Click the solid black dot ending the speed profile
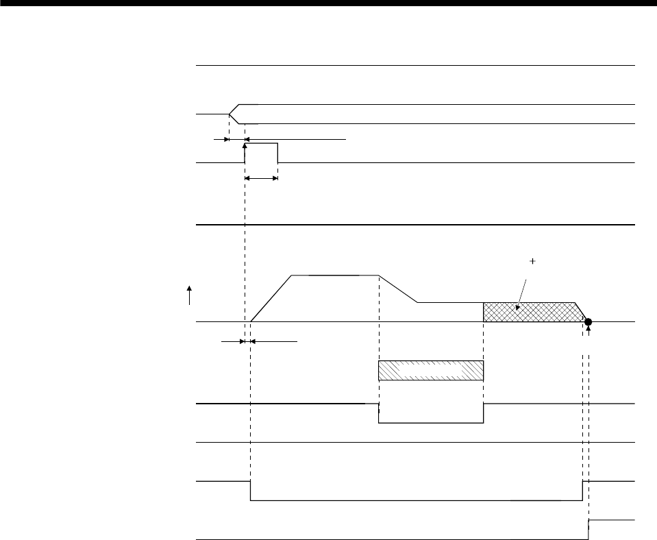click(588, 321)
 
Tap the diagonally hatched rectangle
click(431, 370)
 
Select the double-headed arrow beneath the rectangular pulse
click(261, 179)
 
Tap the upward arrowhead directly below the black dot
click(588, 330)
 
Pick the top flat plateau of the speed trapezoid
click(335, 275)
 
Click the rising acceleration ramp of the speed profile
click(272, 297)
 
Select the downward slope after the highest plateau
click(399, 289)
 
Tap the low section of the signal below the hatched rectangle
click(431, 423)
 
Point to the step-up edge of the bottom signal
click(588, 530)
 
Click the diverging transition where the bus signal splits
click(234, 114)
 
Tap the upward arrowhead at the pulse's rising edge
click(245, 146)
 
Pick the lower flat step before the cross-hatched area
click(450, 302)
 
